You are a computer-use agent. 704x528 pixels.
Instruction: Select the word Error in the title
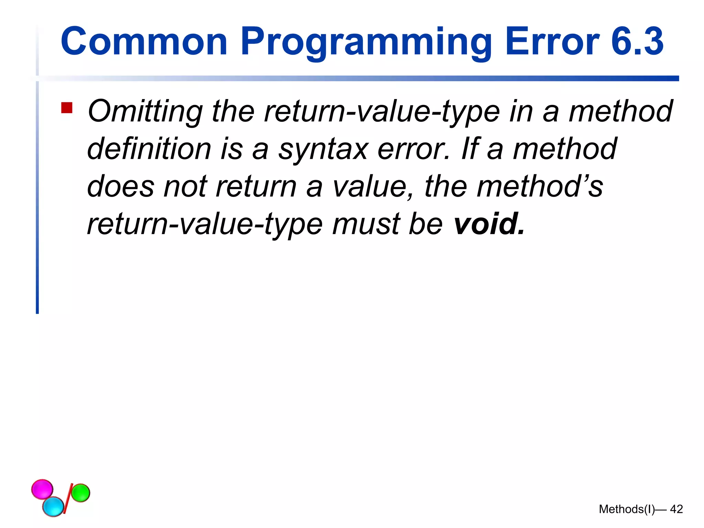[x=552, y=42]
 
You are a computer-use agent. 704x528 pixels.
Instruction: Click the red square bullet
[x=67, y=108]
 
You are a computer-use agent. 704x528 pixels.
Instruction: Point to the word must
[x=366, y=224]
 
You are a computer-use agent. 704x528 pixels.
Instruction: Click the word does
[x=121, y=187]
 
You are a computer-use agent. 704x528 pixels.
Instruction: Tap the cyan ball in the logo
[x=53, y=506]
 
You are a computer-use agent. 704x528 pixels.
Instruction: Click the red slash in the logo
[x=68, y=498]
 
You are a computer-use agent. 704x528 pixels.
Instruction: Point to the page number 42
[x=676, y=509]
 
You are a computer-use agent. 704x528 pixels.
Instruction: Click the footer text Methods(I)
[x=627, y=509]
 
